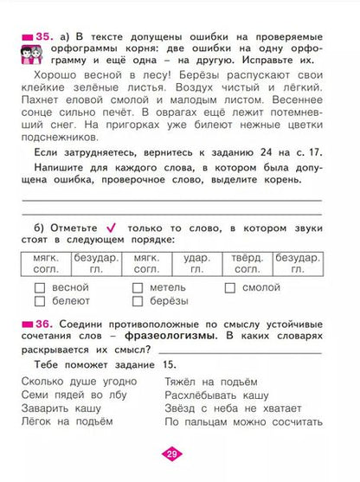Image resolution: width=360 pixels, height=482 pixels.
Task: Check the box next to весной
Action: click(39, 287)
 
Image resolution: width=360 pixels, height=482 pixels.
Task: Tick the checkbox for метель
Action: click(137, 287)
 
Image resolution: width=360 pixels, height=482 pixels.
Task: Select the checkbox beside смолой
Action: click(230, 287)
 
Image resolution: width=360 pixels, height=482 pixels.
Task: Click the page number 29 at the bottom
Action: click(179, 454)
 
